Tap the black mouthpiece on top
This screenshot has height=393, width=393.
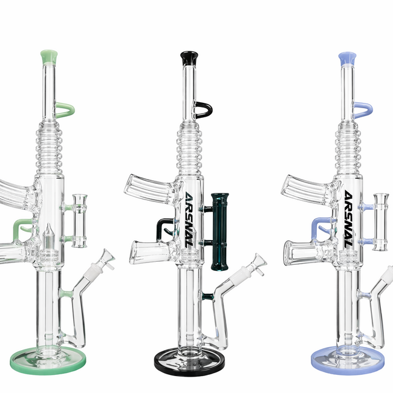coord(188,58)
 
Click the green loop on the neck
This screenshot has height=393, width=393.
coord(65,110)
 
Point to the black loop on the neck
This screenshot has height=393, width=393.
coord(203,110)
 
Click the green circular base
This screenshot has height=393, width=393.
coord(46,359)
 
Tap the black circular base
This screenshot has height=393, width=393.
coord(188,357)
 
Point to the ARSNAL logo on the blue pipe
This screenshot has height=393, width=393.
coord(348,224)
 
